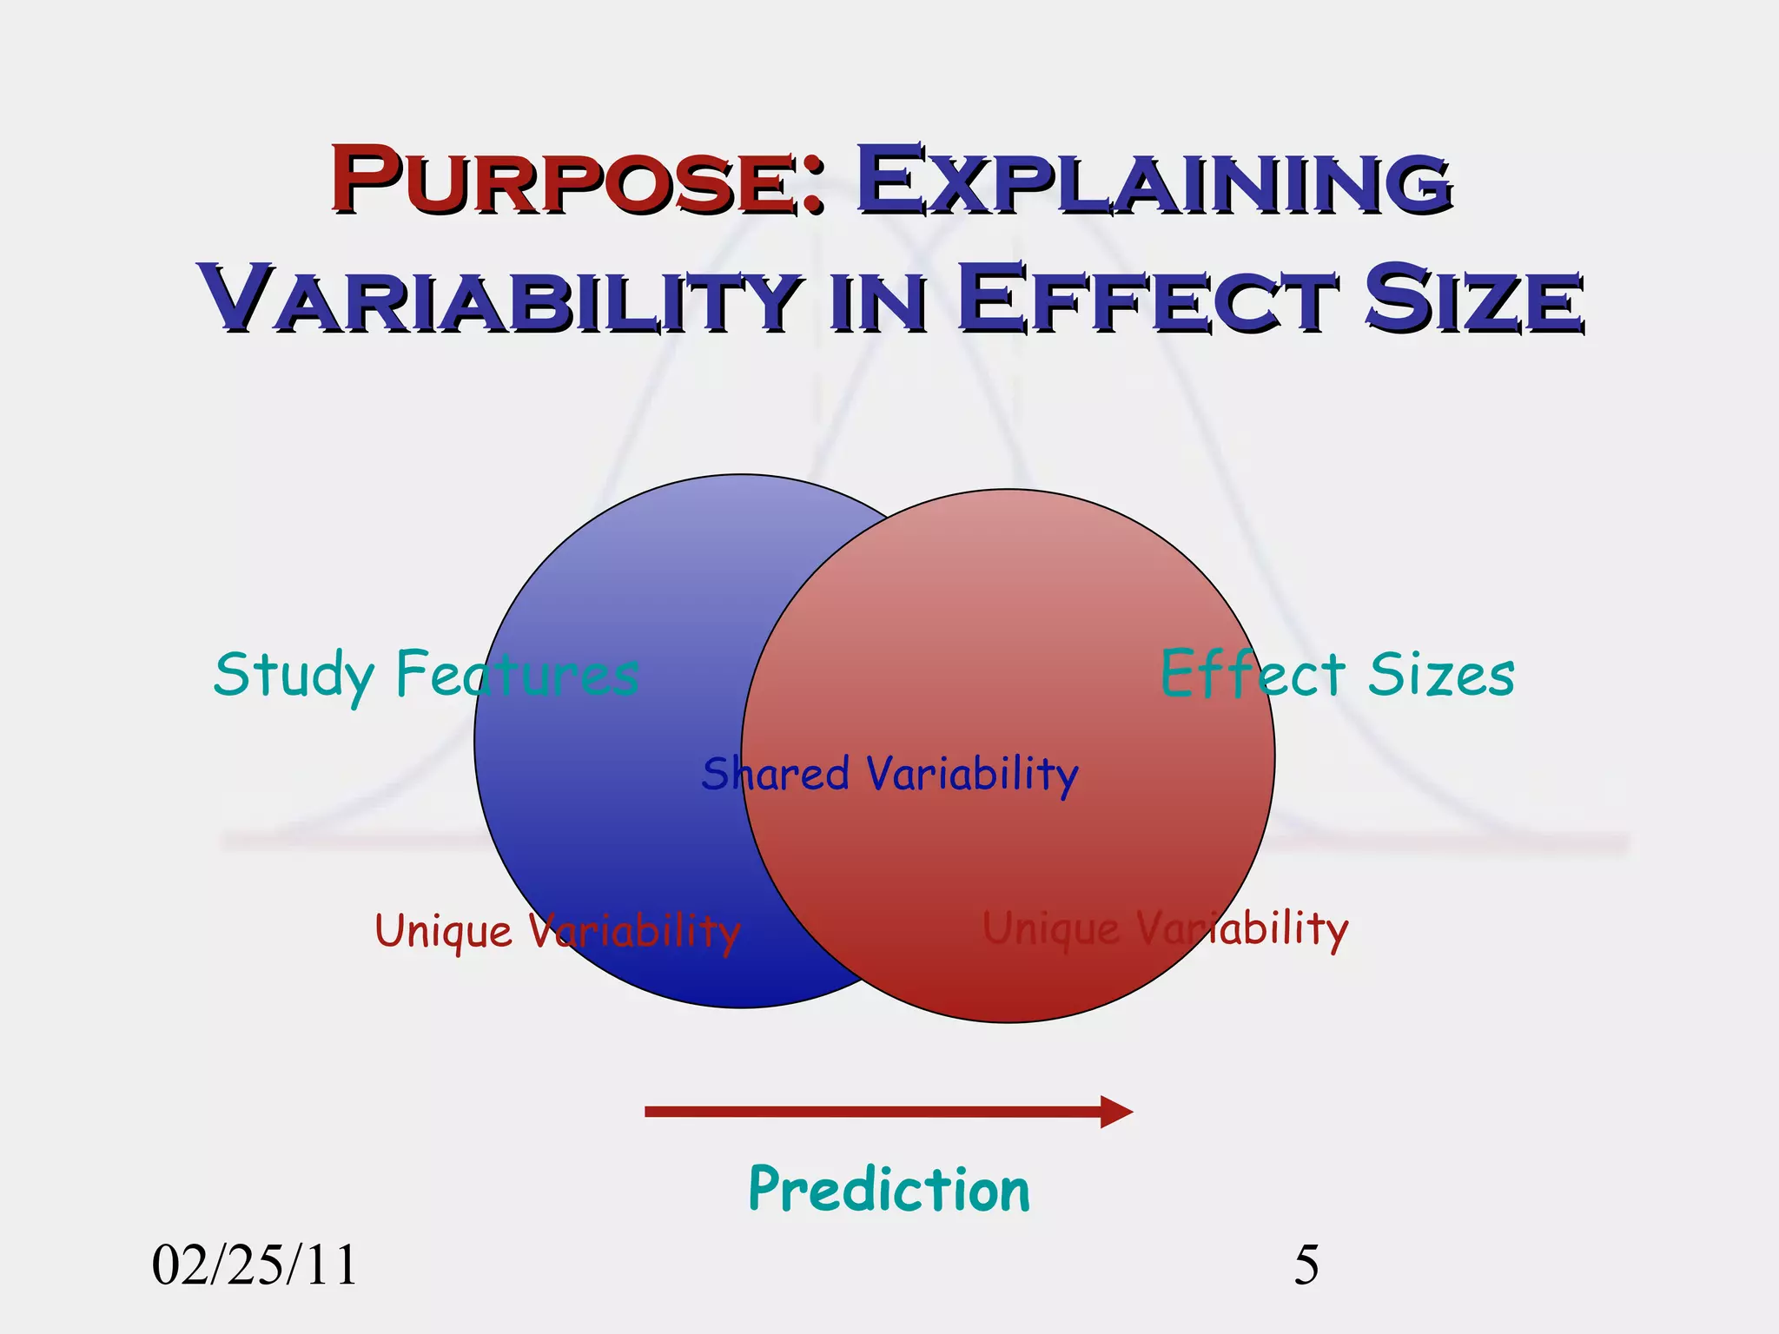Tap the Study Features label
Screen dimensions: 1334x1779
426,675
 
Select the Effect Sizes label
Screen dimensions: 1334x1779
1338,675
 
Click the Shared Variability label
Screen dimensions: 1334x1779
889,774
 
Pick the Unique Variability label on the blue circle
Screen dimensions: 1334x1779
557,932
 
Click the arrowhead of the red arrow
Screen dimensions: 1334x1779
1117,1112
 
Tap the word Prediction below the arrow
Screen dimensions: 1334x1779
889,1190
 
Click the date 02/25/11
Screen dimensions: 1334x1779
255,1265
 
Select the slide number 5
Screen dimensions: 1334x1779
1306,1265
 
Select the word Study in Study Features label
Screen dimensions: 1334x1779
294,675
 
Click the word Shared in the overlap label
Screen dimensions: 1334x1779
775,774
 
